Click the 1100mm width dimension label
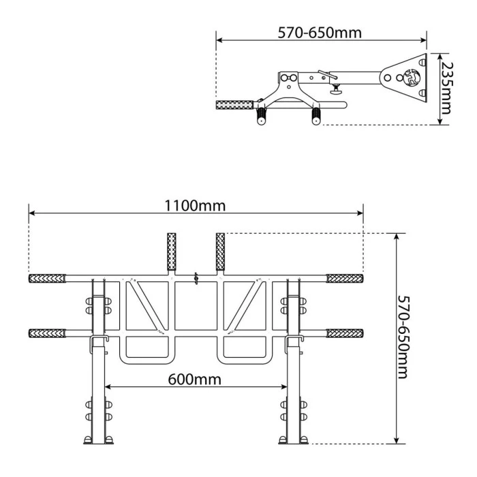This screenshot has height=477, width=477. [195, 204]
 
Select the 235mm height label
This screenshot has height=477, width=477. [447, 90]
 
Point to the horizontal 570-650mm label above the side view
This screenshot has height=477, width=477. [320, 32]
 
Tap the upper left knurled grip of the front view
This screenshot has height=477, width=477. [46, 278]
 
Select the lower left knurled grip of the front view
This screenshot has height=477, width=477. [46, 333]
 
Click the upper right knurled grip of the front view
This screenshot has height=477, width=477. [344, 278]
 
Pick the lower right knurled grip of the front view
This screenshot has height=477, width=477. [344, 333]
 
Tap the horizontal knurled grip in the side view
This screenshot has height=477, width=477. [234, 106]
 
